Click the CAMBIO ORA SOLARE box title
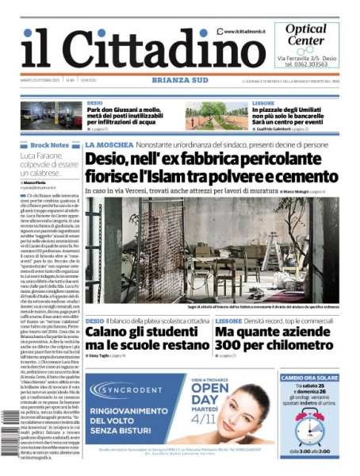[309, 378]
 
